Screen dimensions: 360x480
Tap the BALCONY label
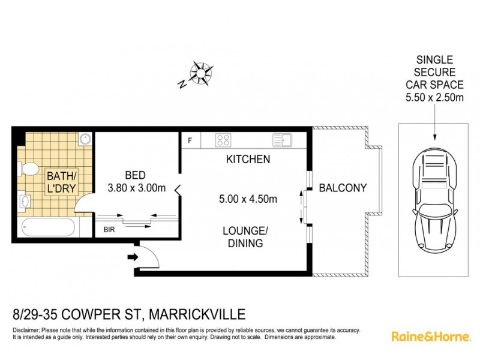343,188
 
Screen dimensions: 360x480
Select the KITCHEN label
248,160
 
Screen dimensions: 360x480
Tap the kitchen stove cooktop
224,140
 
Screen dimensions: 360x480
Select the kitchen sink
281,140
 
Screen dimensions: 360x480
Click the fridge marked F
190,141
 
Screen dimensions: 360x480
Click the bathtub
47,228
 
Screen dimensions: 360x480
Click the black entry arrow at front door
131,257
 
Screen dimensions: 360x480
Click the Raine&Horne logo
430,336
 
